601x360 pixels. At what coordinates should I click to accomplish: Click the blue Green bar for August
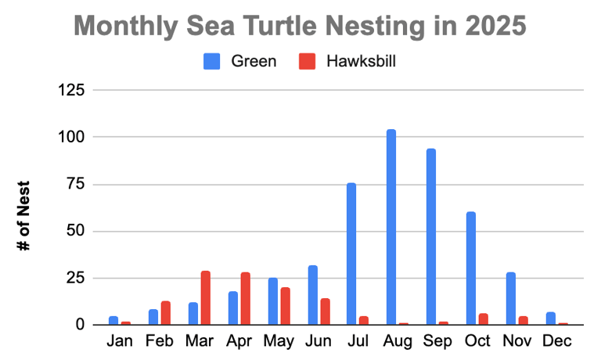pyautogui.click(x=391, y=227)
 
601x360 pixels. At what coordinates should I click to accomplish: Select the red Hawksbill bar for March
pyautogui.click(x=206, y=298)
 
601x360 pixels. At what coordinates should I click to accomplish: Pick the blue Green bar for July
pyautogui.click(x=351, y=254)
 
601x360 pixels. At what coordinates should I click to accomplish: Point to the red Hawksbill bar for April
pyautogui.click(x=246, y=299)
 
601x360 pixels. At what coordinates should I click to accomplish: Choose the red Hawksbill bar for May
pyautogui.click(x=285, y=306)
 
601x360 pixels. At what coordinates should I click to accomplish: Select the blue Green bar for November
pyautogui.click(x=511, y=298)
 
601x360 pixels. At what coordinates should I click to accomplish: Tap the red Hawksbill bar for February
pyautogui.click(x=166, y=313)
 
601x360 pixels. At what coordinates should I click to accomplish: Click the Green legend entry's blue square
pyautogui.click(x=213, y=61)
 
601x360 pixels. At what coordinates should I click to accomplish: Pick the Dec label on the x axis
pyautogui.click(x=557, y=342)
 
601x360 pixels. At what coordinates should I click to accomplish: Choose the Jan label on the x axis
pyautogui.click(x=120, y=342)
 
